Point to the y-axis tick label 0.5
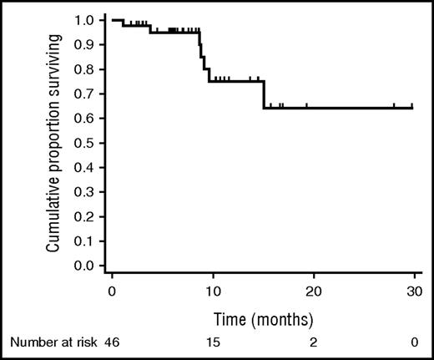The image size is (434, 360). pyautogui.click(x=84, y=143)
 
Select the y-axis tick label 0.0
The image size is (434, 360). pyautogui.click(x=84, y=266)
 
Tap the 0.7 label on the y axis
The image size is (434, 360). pyautogui.click(x=84, y=94)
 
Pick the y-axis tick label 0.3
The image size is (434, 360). pyautogui.click(x=84, y=192)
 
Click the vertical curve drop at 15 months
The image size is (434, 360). pyautogui.click(x=264, y=94)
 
